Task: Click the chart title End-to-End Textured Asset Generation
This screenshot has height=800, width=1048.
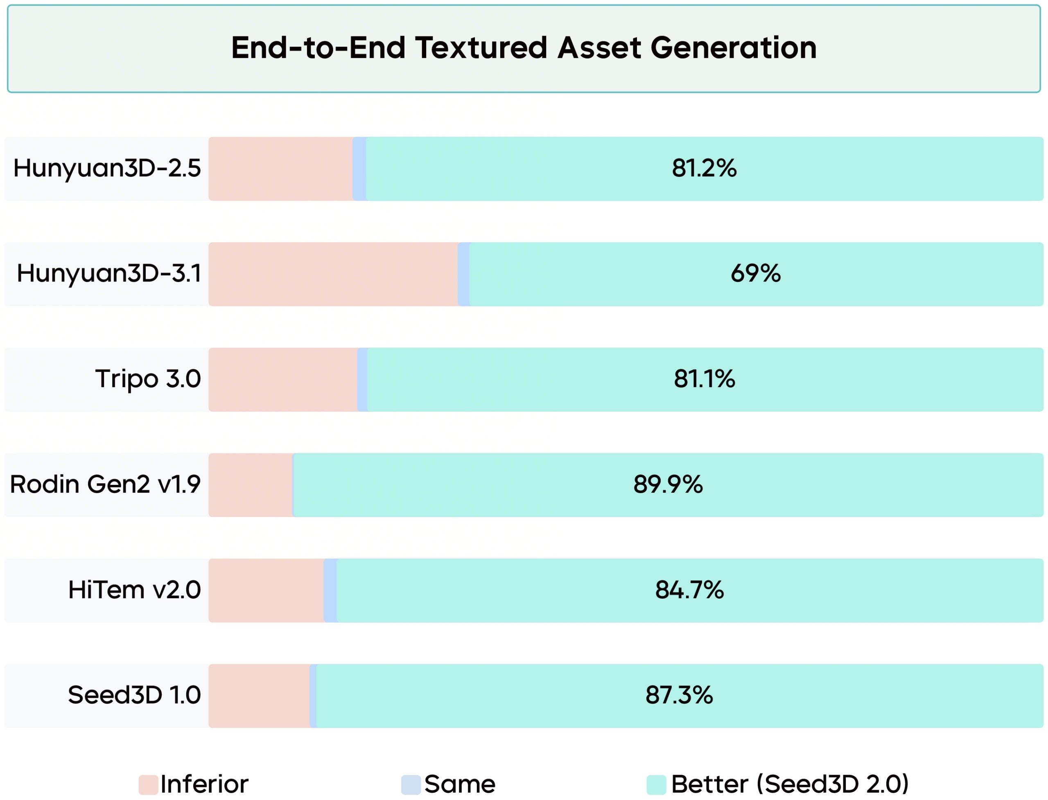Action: pyautogui.click(x=524, y=48)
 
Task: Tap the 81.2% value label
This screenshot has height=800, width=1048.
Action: pyautogui.click(x=704, y=169)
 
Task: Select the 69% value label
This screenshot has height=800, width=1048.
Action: pyautogui.click(x=756, y=274)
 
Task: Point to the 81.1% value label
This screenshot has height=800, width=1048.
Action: pyautogui.click(x=704, y=379)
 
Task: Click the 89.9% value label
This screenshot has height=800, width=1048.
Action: pyautogui.click(x=668, y=485)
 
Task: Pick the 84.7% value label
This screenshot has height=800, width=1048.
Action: pyautogui.click(x=689, y=590)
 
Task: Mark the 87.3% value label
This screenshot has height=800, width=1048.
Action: pyautogui.click(x=679, y=696)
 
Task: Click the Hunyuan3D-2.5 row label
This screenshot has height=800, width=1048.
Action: pyautogui.click(x=107, y=169)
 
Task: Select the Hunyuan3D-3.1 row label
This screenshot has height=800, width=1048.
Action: pyautogui.click(x=108, y=274)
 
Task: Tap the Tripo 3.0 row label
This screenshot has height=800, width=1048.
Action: pyautogui.click(x=148, y=379)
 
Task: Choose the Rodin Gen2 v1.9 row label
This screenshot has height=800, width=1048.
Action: pyautogui.click(x=105, y=485)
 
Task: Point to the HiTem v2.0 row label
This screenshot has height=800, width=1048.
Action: pyautogui.click(x=134, y=590)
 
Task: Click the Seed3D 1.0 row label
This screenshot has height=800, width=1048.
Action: pyautogui.click(x=134, y=696)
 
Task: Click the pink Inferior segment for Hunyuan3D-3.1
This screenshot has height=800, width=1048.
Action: pyautogui.click(x=332, y=274)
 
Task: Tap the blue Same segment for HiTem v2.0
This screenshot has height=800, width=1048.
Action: pyautogui.click(x=330, y=590)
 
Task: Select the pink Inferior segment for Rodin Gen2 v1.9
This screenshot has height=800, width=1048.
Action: pyautogui.click(x=250, y=485)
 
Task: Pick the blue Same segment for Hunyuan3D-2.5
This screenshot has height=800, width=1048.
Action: pyautogui.click(x=359, y=169)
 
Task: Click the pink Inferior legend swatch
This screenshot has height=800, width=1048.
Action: pyautogui.click(x=148, y=785)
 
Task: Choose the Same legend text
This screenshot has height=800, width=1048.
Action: pyautogui.click(x=460, y=784)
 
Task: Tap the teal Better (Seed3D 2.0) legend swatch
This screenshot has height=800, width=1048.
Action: pyautogui.click(x=656, y=785)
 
